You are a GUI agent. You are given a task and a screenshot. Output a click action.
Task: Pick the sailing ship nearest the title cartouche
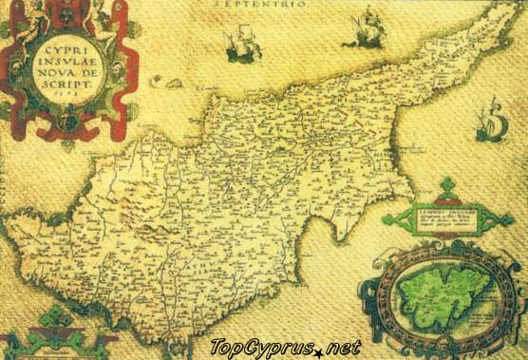pyautogui.click(x=241, y=45)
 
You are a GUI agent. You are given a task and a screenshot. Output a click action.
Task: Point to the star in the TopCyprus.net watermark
pyautogui.click(x=320, y=350)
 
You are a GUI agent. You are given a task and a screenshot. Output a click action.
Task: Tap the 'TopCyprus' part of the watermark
pyautogui.click(x=262, y=348)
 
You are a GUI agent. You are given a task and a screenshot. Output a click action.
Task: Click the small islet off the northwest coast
pyautogui.click(x=156, y=83)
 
